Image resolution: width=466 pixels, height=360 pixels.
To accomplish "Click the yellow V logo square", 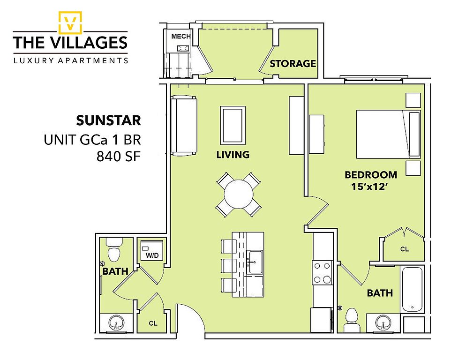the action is pyautogui.click(x=70, y=22).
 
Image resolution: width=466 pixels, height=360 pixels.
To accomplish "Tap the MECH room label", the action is pyautogui.click(x=180, y=36).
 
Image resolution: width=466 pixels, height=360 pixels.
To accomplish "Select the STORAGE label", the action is pyautogui.click(x=293, y=63).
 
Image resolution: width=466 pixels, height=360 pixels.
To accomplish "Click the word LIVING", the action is pyautogui.click(x=233, y=155).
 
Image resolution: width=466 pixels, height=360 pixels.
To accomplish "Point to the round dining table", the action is pyautogui.click(x=239, y=195).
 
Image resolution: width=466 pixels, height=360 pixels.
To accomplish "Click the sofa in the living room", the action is pyautogui.click(x=184, y=126).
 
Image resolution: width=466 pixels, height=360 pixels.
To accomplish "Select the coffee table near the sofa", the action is pyautogui.click(x=233, y=125).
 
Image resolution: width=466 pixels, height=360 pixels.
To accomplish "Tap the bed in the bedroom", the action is pyautogui.click(x=389, y=135).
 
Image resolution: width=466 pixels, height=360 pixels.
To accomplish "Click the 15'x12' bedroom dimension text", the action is pyautogui.click(x=370, y=187).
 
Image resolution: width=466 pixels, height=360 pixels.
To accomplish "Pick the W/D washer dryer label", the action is pyautogui.click(x=152, y=255).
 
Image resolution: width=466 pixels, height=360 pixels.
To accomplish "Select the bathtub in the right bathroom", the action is pyautogui.click(x=412, y=289).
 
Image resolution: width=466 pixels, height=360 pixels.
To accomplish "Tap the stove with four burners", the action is pyautogui.click(x=322, y=272).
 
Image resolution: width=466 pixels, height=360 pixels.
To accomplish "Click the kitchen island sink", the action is pyautogui.click(x=256, y=262).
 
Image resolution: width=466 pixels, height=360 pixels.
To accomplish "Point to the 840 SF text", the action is pyautogui.click(x=118, y=156).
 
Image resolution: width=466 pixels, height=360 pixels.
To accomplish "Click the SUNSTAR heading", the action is pyautogui.click(x=108, y=120).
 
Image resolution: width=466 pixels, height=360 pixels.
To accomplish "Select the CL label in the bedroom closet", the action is pyautogui.click(x=405, y=249).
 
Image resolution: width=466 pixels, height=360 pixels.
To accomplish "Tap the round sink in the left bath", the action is pyautogui.click(x=116, y=322).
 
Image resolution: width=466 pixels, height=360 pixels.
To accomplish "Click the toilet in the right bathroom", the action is pyautogui.click(x=352, y=320).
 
